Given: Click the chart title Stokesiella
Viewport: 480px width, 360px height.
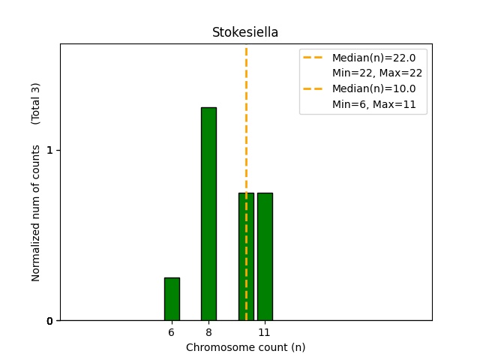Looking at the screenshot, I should coord(245,32).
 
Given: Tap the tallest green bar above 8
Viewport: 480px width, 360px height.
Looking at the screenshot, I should coord(208,214).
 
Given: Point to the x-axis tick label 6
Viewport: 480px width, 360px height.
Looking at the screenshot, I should coord(172,332).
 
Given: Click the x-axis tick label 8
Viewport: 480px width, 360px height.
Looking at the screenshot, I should coord(208,332).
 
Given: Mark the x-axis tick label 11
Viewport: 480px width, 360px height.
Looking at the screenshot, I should coord(265,332).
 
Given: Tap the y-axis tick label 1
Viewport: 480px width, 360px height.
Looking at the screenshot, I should coord(49,150).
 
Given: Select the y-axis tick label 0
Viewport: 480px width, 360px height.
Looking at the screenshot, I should coord(49,321).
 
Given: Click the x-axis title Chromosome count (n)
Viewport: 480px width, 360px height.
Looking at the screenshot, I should coord(245,347).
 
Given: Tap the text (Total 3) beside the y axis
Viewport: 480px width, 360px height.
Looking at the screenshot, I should coord(36,103).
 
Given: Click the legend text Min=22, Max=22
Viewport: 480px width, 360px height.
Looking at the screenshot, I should coord(377,73).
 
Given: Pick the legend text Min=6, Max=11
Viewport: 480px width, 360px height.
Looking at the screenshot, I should coord(374,104).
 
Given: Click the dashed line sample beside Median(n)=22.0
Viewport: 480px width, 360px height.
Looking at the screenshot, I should coord(314,57).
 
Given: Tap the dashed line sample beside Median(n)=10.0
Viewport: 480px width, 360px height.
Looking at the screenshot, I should coord(314,88).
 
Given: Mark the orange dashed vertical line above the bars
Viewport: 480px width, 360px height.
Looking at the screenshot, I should coord(246,112).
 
